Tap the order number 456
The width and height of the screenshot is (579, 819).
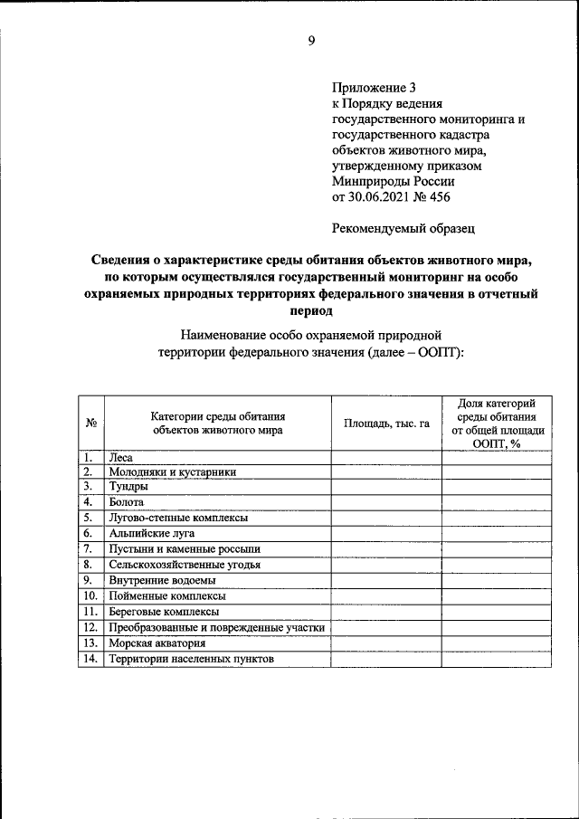click(436, 197)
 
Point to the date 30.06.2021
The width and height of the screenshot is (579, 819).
click(379, 197)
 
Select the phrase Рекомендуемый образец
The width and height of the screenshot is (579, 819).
click(403, 229)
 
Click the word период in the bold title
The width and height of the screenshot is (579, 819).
click(310, 310)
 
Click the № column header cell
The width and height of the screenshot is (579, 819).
click(91, 423)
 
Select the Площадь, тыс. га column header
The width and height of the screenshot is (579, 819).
click(386, 423)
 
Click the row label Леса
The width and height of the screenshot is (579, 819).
click(120, 458)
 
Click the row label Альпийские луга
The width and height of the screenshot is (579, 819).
click(152, 533)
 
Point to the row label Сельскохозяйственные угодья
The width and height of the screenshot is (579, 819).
click(185, 565)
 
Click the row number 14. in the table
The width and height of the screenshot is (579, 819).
click(90, 659)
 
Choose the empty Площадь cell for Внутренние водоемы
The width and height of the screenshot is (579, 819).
click(386, 580)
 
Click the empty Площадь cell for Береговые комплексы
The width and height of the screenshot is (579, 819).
click(386, 612)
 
